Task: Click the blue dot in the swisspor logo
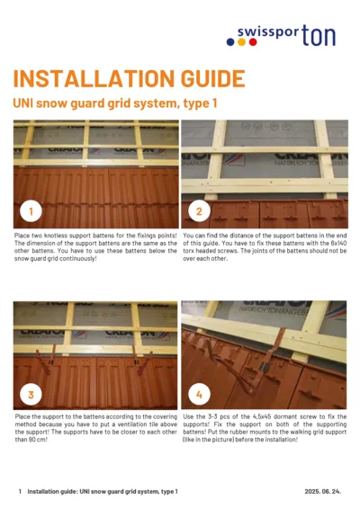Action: pos(229,41)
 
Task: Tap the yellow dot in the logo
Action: pos(239,41)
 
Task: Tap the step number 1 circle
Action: pos(31,212)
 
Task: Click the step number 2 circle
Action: pos(199,212)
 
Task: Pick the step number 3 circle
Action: pos(31,393)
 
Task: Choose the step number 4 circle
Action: pos(199,393)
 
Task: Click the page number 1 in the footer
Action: pos(19,492)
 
